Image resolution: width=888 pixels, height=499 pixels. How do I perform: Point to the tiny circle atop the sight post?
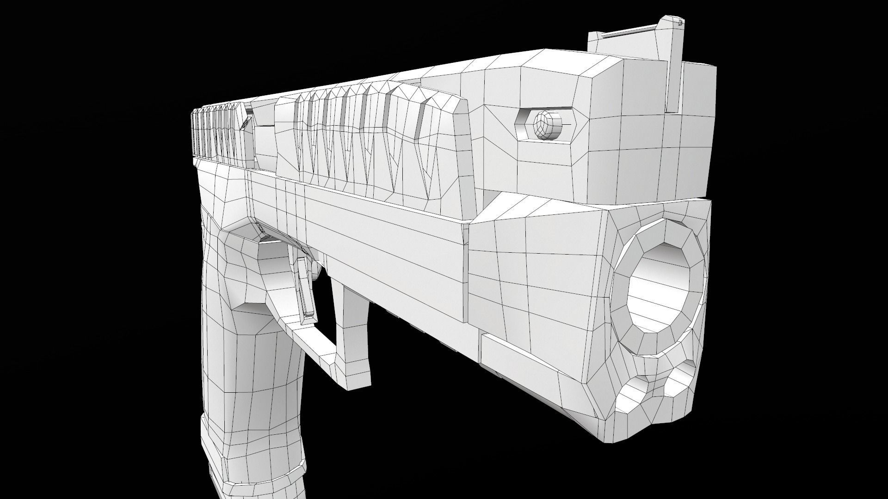(x=680, y=21)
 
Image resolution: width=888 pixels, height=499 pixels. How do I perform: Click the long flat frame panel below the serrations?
(x=384, y=231)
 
